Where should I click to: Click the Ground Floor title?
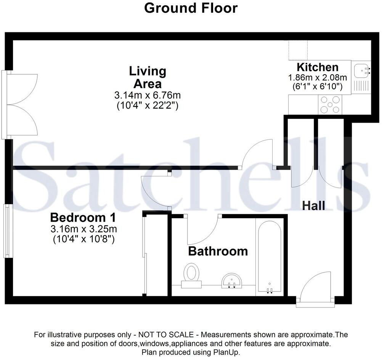191,8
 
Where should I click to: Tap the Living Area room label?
148,77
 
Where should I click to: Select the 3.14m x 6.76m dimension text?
148,95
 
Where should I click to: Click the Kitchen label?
317,67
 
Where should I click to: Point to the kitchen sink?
360,70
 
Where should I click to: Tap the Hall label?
313,206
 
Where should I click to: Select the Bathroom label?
218,251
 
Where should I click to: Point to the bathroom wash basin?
231,280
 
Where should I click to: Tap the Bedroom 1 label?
83,218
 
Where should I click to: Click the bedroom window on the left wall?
7,231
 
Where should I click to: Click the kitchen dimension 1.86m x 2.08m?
317,77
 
